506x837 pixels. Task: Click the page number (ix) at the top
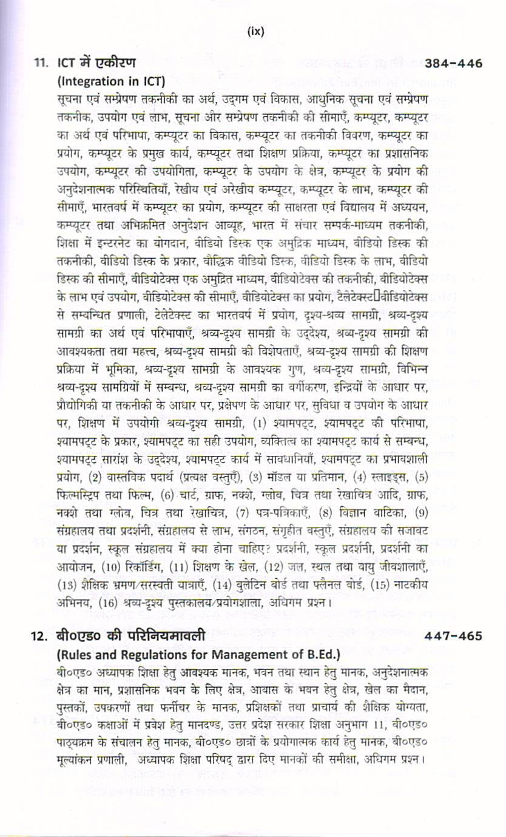pos(256,32)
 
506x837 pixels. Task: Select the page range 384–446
pos(454,63)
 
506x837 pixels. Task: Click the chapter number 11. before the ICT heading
pos(41,63)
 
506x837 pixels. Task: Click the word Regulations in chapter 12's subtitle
pos(156,654)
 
